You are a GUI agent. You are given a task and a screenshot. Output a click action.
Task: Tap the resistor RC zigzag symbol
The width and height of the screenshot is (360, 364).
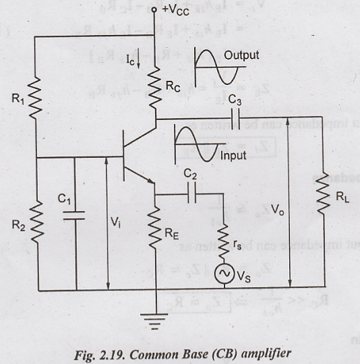(x=156, y=87)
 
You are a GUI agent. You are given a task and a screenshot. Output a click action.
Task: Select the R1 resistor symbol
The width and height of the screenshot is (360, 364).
(x=36, y=101)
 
